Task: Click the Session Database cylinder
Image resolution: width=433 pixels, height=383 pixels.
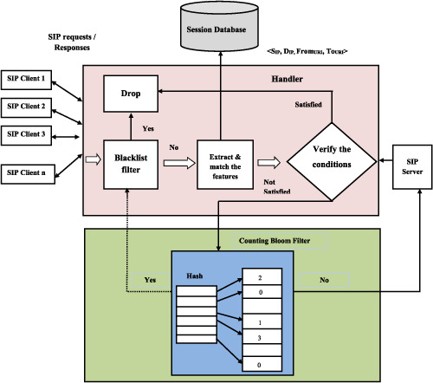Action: [x=219, y=27]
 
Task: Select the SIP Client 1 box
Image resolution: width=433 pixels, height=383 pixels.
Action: [x=26, y=80]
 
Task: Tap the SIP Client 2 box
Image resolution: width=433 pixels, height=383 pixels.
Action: [x=26, y=107]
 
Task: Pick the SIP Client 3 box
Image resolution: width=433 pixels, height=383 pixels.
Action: [x=26, y=135]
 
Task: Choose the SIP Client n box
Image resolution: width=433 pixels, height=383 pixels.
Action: [x=28, y=174]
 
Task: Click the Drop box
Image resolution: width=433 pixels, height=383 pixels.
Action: [x=131, y=94]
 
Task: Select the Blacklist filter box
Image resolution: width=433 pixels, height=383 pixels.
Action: [x=131, y=165]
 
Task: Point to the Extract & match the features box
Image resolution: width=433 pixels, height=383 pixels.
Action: [x=225, y=165]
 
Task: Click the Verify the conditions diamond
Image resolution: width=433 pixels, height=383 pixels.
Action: [x=332, y=162]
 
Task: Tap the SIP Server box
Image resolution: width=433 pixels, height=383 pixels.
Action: [x=412, y=167]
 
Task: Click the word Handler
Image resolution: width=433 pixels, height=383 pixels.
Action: [x=287, y=79]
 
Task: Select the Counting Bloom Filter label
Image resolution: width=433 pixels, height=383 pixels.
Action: [x=275, y=241]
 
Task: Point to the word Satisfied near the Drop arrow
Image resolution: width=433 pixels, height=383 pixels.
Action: [x=308, y=104]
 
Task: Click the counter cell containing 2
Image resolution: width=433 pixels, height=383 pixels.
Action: [x=262, y=276]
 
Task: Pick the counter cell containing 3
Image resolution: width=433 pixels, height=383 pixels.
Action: [x=262, y=336]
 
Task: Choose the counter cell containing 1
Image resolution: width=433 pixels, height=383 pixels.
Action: [x=262, y=321]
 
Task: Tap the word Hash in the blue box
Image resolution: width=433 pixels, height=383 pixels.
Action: [x=195, y=276]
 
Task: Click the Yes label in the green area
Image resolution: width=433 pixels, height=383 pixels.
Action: [x=150, y=280]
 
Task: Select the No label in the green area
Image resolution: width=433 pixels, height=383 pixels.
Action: [x=324, y=280]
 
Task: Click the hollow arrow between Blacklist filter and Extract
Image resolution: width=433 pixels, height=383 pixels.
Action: [x=179, y=163]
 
